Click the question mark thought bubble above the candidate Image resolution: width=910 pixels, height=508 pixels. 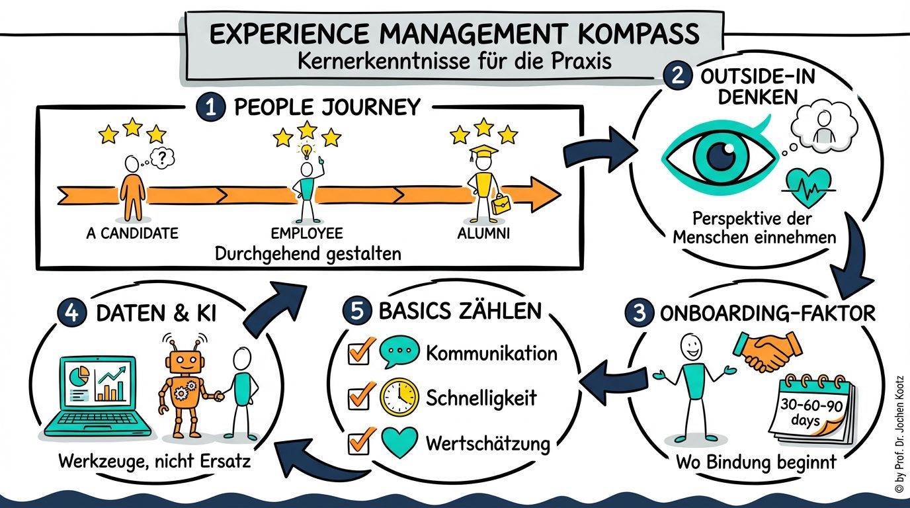click(x=163, y=157)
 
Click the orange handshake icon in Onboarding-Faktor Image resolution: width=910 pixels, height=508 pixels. click(x=767, y=350)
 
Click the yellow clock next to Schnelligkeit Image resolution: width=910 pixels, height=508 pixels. click(x=399, y=398)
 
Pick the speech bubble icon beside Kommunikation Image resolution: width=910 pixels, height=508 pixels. click(x=399, y=353)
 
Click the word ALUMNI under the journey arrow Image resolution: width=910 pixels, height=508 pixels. click(x=483, y=233)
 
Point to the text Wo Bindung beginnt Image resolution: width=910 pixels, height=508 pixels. click(x=755, y=462)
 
